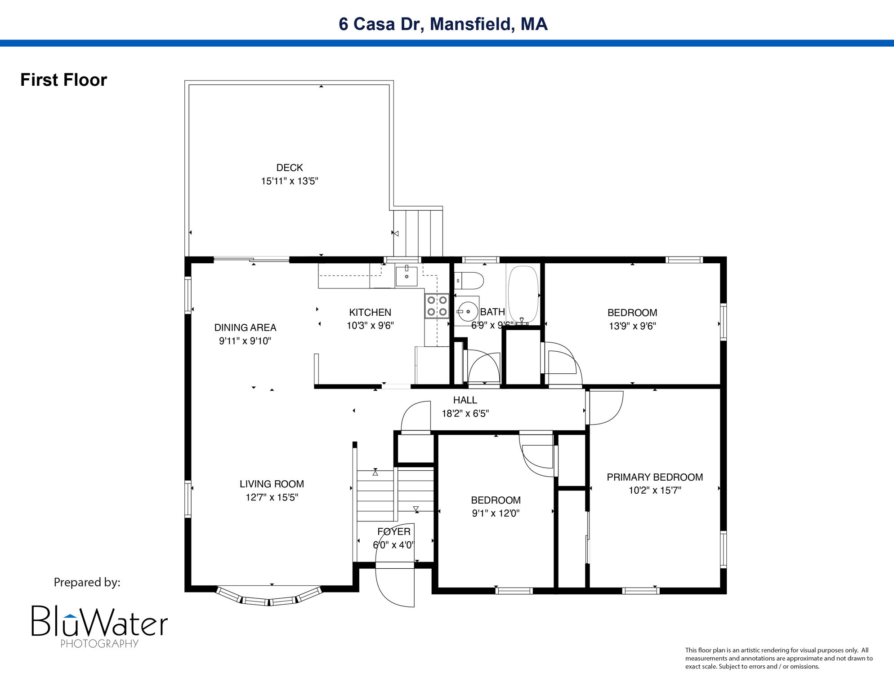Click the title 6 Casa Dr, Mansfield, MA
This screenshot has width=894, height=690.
[443, 24]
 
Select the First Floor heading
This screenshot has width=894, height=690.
[63, 80]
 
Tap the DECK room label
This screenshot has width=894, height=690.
[289, 168]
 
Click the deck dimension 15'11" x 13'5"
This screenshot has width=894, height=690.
[289, 181]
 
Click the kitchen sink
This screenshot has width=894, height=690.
[407, 276]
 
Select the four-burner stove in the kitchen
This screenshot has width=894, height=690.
[437, 306]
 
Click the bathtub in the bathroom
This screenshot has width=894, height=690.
[523, 294]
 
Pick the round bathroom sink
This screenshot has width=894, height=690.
[468, 311]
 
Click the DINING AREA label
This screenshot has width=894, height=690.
[245, 327]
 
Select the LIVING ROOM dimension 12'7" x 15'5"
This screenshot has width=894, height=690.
[272, 497]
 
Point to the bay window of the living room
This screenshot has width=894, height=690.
[269, 597]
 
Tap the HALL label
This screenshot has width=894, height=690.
[465, 400]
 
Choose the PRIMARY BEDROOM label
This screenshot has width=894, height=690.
[654, 477]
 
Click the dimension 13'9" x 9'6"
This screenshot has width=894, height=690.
[632, 326]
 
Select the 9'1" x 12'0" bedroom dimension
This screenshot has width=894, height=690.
[496, 513]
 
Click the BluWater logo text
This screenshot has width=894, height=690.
[99, 622]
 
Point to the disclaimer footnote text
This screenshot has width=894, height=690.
[778, 658]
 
